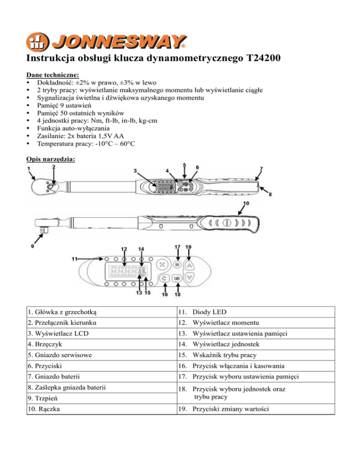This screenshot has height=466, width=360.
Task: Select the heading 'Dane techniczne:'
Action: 52,75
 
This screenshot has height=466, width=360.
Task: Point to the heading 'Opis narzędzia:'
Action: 51,159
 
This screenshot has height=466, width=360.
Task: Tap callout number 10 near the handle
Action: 246,203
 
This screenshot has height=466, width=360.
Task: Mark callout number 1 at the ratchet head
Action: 30,169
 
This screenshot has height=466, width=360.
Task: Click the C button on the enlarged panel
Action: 165,278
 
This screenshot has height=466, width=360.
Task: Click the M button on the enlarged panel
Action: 178,265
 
